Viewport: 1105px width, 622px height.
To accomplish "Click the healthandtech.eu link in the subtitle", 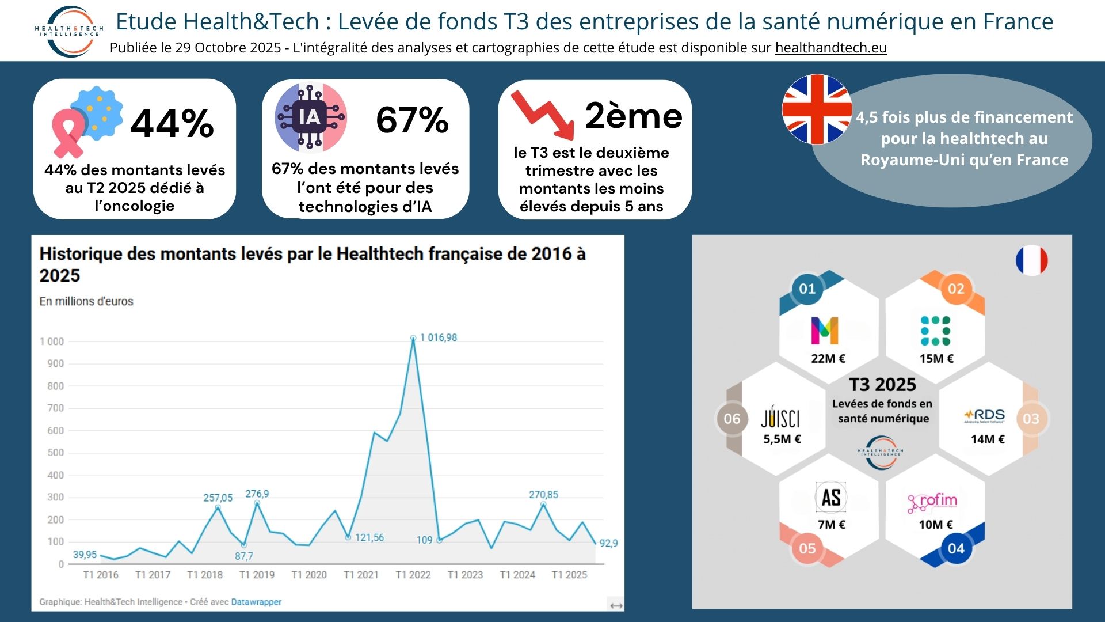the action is point(831,48).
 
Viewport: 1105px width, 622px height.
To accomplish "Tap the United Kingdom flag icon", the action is point(817,109).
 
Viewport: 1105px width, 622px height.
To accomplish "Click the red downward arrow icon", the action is point(543,115).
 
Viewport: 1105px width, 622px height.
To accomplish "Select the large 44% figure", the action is point(172,123).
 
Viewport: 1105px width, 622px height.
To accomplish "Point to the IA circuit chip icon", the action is point(311,117).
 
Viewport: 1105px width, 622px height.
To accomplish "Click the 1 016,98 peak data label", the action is point(439,337).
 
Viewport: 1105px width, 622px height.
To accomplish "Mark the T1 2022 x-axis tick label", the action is point(413,575).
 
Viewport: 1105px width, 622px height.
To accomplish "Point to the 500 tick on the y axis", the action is point(56,453).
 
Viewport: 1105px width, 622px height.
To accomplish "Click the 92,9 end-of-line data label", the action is point(608,543).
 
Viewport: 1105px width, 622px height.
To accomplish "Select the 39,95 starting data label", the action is point(85,555).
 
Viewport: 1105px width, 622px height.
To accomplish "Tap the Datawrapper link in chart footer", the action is point(256,602).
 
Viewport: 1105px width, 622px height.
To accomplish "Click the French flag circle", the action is point(1032,260).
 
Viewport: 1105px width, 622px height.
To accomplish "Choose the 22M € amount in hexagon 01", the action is point(828,358).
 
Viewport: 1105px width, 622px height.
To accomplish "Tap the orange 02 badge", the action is point(956,289).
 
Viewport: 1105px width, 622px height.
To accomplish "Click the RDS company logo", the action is point(984,416).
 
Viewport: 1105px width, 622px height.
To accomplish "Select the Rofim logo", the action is point(932,502).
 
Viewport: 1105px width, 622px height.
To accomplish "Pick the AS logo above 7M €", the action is point(831,497).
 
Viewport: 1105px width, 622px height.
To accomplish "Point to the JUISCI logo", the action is point(780,417).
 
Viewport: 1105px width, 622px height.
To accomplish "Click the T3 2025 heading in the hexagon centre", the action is point(883,385).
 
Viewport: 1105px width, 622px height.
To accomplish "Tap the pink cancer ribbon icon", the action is point(68,134).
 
